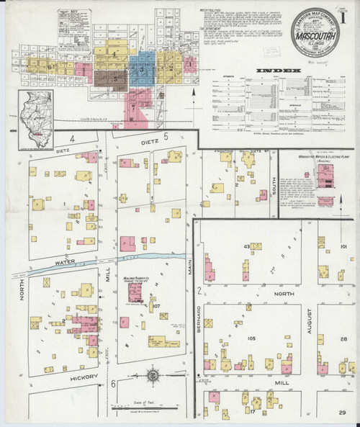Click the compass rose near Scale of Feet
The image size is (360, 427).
point(153,375)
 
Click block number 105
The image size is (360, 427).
point(251,338)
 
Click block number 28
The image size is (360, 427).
point(343,337)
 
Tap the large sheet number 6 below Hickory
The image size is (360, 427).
point(114,384)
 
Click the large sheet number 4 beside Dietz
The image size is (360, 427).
point(72,137)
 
